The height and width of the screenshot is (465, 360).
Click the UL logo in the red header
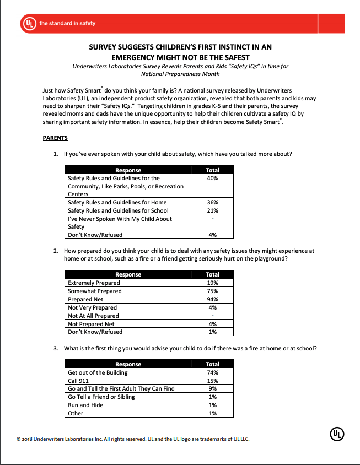[29, 23]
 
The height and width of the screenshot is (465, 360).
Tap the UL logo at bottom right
[337, 434]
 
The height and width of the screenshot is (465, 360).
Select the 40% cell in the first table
[212, 178]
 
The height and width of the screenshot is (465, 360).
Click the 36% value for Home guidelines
[212, 202]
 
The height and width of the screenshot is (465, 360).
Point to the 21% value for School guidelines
[212, 210]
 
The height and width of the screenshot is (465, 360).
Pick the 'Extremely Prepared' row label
[94, 283]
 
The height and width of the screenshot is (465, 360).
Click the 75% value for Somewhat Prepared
[212, 291]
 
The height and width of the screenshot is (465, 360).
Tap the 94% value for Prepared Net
[212, 299]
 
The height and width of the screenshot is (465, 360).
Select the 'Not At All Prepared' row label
[93, 316]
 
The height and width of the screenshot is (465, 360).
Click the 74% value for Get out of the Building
[212, 372]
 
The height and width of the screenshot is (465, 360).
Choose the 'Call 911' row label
[78, 381]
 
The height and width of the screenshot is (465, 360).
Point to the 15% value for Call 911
[212, 381]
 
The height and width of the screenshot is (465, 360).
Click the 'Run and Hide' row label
[85, 405]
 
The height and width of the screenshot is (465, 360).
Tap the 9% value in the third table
[212, 388]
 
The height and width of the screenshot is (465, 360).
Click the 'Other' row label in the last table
[76, 413]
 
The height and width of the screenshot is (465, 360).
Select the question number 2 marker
[56, 251]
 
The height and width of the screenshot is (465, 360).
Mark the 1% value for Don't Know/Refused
[212, 332]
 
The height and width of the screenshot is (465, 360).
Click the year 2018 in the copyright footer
[29, 439]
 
